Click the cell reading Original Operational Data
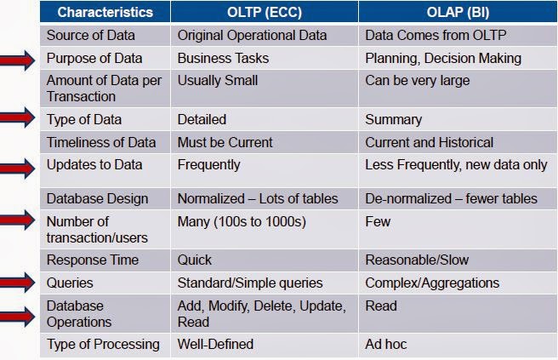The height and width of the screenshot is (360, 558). pos(251,36)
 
